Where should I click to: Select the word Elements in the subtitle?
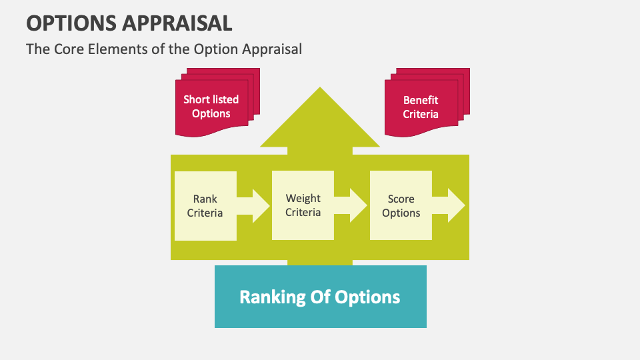pos(115,49)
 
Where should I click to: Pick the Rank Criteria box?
pos(205,206)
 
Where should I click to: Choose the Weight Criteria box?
pos(303,205)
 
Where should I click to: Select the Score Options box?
pos(401,206)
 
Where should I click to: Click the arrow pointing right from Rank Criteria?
pos(254,206)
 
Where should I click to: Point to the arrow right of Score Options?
pos(449,206)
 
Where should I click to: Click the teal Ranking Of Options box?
pos(320,297)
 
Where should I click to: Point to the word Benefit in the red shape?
pos(421,100)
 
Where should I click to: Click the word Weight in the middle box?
pos(303,198)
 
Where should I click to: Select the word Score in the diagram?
pos(401,199)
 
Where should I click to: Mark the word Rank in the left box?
pos(205,199)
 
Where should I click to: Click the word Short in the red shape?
pos(197,99)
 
